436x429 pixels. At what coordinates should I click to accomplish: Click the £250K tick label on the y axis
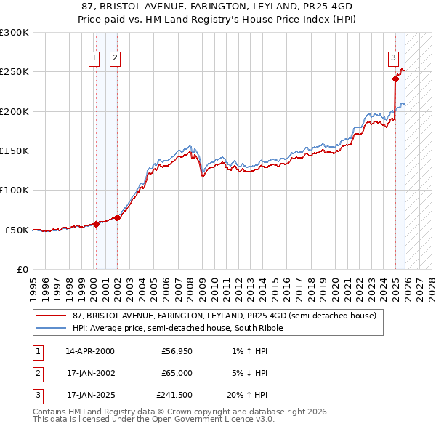pyautogui.click(x=15, y=72)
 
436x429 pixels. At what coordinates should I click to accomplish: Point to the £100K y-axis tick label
pyautogui.click(x=15, y=191)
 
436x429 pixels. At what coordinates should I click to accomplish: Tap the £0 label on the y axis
pyautogui.click(x=22, y=269)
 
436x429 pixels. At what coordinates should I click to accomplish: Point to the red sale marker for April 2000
pyautogui.click(x=96, y=224)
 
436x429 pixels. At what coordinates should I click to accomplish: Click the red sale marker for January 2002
pyautogui.click(x=118, y=217)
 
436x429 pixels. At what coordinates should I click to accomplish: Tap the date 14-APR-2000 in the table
pyautogui.click(x=89, y=351)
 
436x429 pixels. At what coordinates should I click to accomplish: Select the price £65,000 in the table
pyautogui.click(x=177, y=374)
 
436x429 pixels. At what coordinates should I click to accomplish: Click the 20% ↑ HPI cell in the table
pyautogui.click(x=247, y=396)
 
